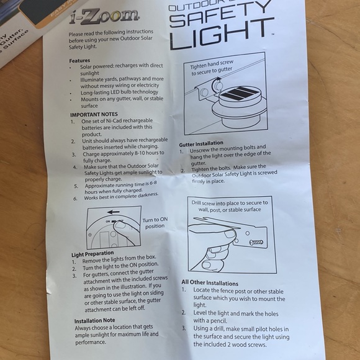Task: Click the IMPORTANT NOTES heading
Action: (93, 115)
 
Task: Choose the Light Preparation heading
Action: (92, 253)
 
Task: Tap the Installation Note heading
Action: (94, 321)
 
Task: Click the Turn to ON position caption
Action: (155, 223)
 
